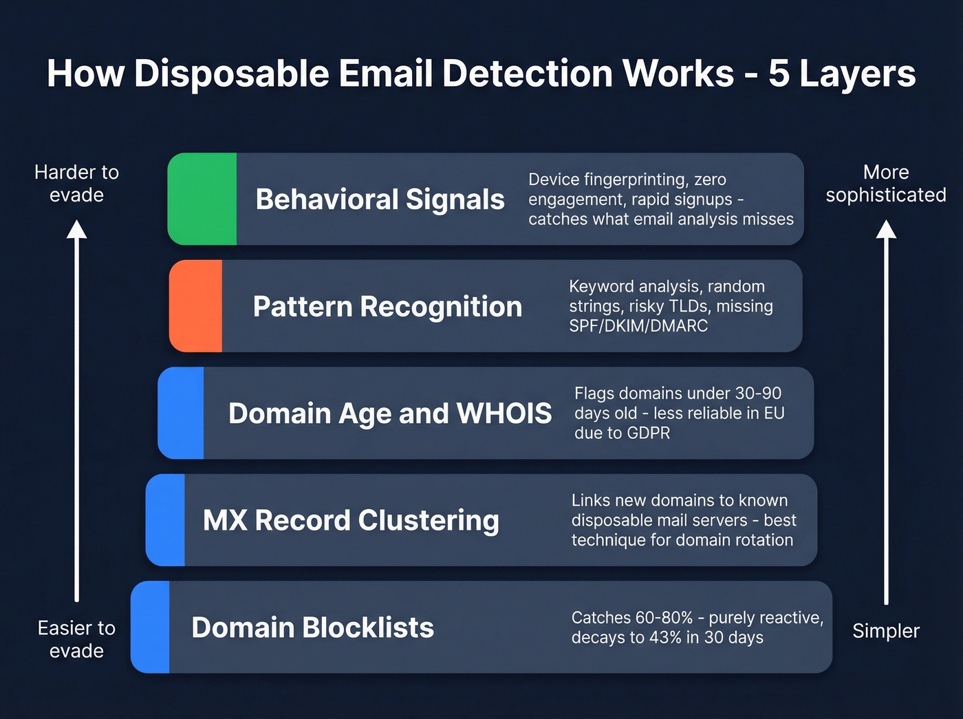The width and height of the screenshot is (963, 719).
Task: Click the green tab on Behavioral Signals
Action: (202, 199)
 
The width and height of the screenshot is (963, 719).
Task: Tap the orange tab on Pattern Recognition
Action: (196, 306)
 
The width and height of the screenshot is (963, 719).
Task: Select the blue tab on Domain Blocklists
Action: (151, 627)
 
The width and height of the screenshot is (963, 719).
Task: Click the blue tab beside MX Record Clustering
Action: (166, 520)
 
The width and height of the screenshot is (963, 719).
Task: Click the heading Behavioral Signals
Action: (380, 200)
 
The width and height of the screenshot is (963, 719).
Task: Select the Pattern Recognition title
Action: (387, 307)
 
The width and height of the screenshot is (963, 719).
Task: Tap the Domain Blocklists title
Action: (312, 627)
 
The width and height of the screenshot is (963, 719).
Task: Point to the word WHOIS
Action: (504, 414)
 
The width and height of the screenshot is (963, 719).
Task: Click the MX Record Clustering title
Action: (351, 521)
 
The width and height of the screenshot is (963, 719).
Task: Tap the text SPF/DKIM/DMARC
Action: (638, 326)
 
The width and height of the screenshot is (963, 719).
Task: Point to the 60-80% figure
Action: (666, 618)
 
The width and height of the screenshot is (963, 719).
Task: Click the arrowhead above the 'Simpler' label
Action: (886, 229)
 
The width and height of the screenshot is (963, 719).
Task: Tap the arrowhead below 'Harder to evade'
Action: (77, 229)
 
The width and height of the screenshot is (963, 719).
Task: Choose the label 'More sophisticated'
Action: (886, 184)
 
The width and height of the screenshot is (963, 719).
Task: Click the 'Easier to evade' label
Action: (76, 639)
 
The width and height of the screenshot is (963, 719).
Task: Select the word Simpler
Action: (886, 631)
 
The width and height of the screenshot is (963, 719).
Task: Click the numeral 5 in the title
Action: (778, 74)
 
